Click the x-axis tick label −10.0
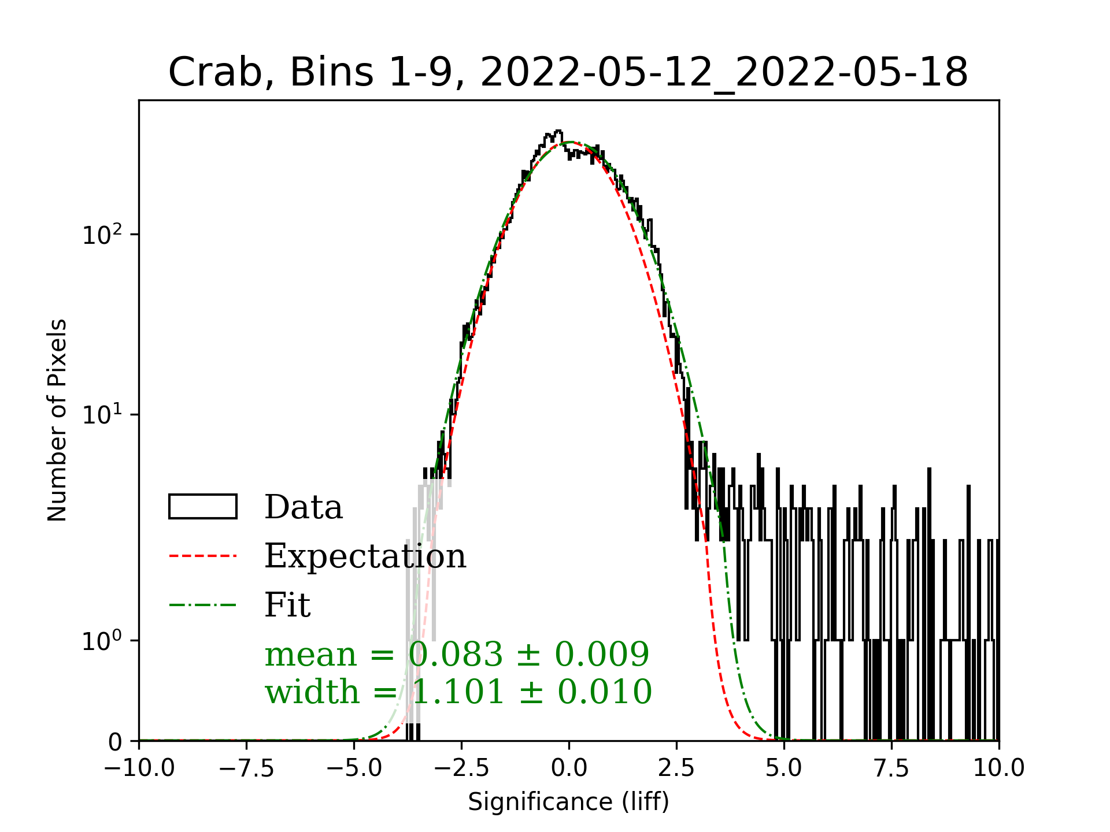pos(139,768)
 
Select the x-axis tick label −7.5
pos(247,768)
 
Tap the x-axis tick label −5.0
pos(354,768)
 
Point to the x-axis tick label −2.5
pos(461,768)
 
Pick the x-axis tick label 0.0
pos(569,768)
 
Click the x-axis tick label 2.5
pos(676,768)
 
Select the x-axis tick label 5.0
pos(784,768)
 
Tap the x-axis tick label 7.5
pos(891,768)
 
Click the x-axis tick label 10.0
pos(999,768)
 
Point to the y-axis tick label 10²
pos(102,235)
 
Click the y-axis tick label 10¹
pos(102,415)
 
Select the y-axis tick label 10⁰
pos(102,641)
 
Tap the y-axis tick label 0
pos(115,742)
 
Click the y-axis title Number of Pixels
pos(57,420)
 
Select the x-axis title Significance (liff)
pos(568,802)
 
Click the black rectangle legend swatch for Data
pos(202,507)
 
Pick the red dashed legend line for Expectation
pos(202,556)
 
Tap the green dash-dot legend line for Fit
pos(202,605)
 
